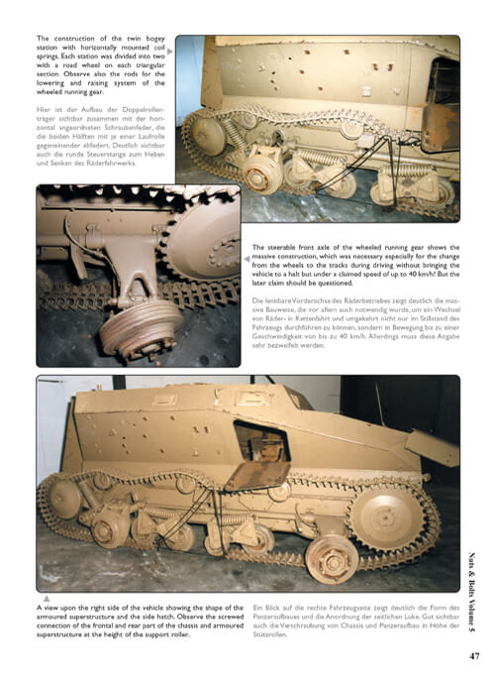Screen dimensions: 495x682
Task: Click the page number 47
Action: pyautogui.click(x=474, y=654)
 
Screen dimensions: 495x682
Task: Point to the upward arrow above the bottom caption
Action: pyautogui.click(x=47, y=598)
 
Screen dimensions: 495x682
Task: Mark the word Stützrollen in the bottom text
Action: pyautogui.click(x=279, y=638)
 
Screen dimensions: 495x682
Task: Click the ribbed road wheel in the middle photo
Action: pyautogui.click(x=127, y=332)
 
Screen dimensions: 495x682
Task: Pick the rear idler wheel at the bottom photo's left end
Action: pyautogui.click(x=65, y=496)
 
